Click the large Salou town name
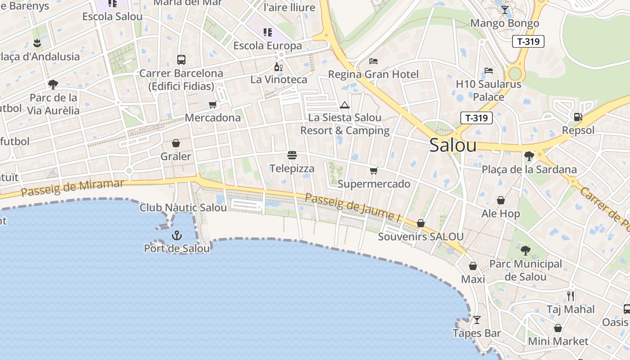click(x=453, y=145)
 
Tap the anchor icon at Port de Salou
click(x=177, y=235)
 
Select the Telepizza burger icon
click(x=292, y=156)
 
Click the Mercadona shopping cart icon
click(x=212, y=105)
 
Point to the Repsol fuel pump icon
click(x=578, y=117)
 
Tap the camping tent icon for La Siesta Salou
click(x=345, y=105)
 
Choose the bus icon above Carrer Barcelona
click(x=181, y=60)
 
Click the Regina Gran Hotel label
click(x=373, y=74)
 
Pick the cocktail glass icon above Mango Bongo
click(x=504, y=10)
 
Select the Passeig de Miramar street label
click(x=72, y=188)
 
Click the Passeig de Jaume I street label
click(x=352, y=207)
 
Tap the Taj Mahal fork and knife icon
click(x=571, y=296)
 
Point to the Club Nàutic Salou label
click(x=183, y=208)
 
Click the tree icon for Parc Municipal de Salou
click(x=525, y=251)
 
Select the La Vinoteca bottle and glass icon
click(x=279, y=67)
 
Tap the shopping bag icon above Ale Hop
click(x=500, y=200)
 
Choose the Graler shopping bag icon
click(x=176, y=143)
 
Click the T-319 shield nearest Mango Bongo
click(x=528, y=42)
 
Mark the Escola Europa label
click(x=267, y=46)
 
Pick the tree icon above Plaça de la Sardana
click(x=529, y=156)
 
